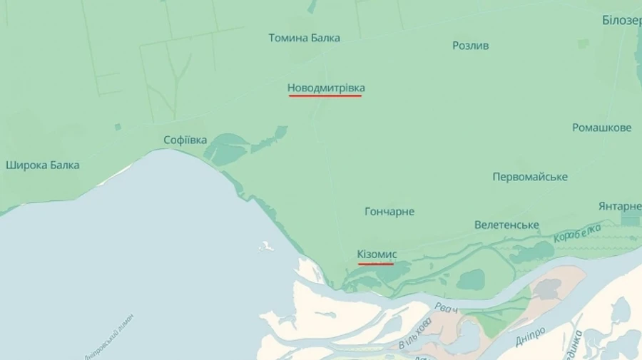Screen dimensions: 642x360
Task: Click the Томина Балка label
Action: pyautogui.click(x=304, y=38)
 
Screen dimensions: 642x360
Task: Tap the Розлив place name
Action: pyautogui.click(x=470, y=46)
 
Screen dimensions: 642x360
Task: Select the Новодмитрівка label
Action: pyautogui.click(x=326, y=88)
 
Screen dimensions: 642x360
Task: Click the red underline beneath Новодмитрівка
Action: pyautogui.click(x=325, y=96)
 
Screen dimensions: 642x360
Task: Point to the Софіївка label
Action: pyautogui.click(x=185, y=140)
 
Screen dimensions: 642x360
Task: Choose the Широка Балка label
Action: pyautogui.click(x=42, y=165)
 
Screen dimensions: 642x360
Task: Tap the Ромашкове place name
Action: pyautogui.click(x=601, y=128)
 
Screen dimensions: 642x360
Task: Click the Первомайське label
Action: pyautogui.click(x=530, y=177)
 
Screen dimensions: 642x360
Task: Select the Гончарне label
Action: pyautogui.click(x=389, y=212)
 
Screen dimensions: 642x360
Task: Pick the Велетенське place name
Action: pyautogui.click(x=506, y=225)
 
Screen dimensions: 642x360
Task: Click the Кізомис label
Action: pyautogui.click(x=377, y=254)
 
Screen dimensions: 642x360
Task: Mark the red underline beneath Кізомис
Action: pyautogui.click(x=376, y=263)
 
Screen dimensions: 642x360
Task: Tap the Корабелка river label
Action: pyautogui.click(x=577, y=232)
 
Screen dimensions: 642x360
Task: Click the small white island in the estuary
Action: pyautogui.click(x=267, y=246)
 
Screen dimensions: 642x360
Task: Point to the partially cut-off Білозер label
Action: pyautogui.click(x=621, y=20)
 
